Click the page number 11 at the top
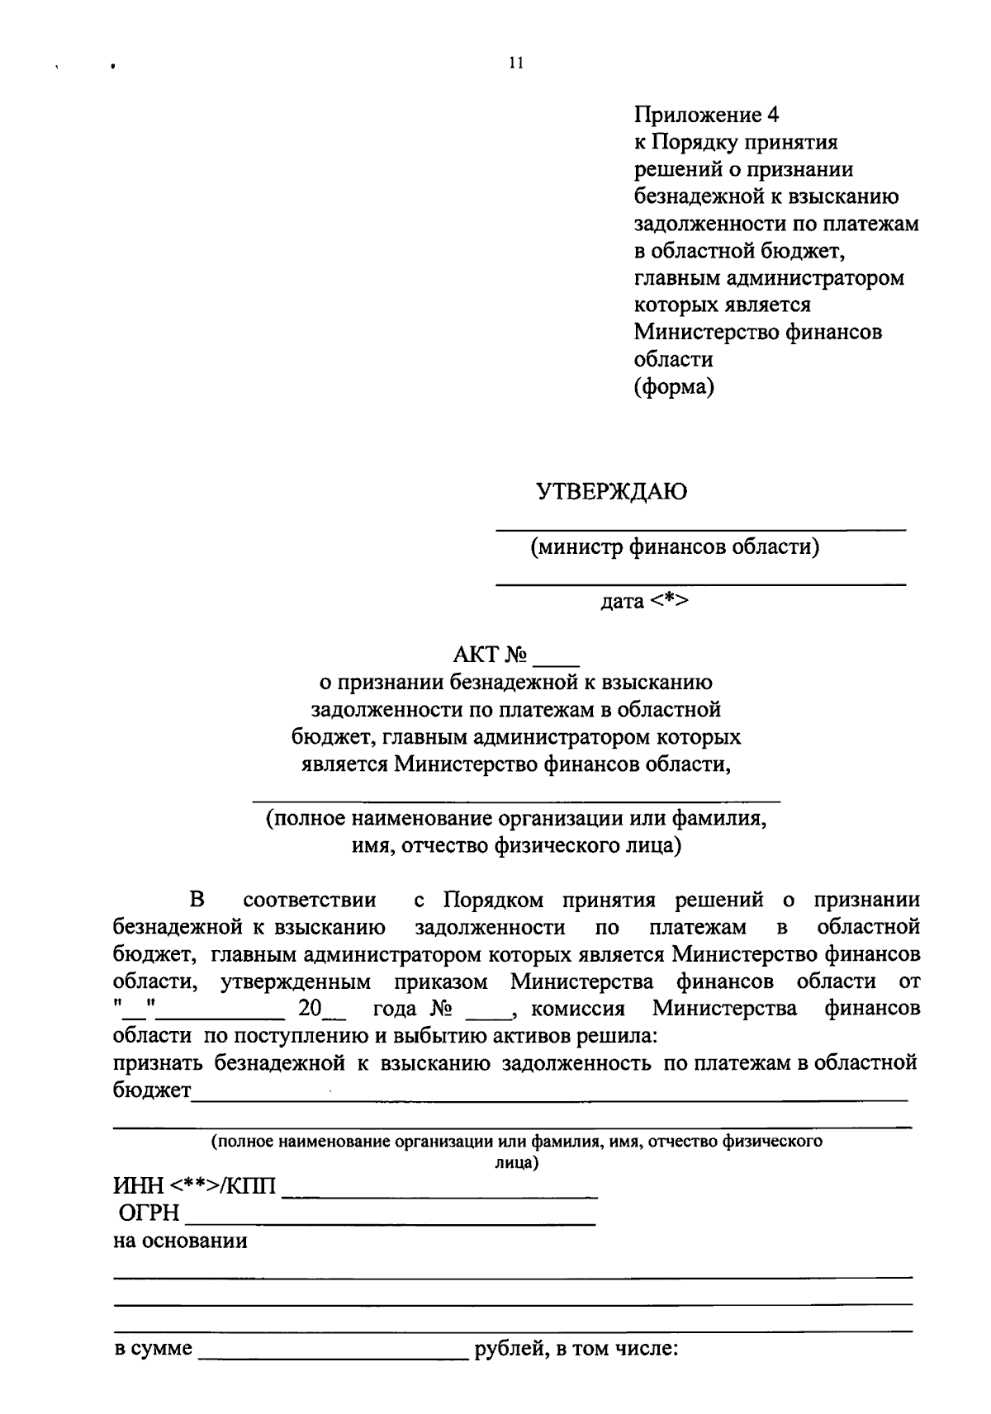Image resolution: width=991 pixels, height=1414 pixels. pyautogui.click(x=516, y=64)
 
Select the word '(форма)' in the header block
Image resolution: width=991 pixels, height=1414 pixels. pyautogui.click(x=673, y=386)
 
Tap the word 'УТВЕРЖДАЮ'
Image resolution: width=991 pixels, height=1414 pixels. pyautogui.click(x=612, y=493)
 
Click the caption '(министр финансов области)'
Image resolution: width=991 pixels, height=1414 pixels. pyautogui.click(x=675, y=546)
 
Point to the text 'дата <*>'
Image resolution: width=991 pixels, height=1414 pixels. pyautogui.click(x=644, y=601)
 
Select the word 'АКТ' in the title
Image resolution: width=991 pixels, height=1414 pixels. pyautogui.click(x=477, y=655)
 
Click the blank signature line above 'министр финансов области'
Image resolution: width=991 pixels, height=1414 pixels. pyautogui.click(x=700, y=527)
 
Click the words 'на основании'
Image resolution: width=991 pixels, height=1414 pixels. pyautogui.click(x=180, y=1241)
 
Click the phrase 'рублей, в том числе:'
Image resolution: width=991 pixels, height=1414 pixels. pyautogui.click(x=575, y=1350)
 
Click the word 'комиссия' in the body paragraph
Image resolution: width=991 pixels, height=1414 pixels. pyautogui.click(x=577, y=1010)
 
